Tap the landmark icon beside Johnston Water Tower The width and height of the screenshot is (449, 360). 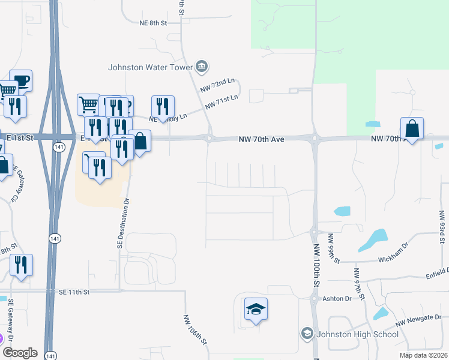click(x=200, y=66)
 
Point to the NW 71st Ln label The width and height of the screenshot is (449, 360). click(x=221, y=101)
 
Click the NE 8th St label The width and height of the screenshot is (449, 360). click(x=152, y=22)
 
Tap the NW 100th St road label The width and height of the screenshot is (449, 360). click(x=316, y=264)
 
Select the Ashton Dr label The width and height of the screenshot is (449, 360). click(x=337, y=298)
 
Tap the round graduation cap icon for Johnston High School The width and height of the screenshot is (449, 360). click(x=307, y=334)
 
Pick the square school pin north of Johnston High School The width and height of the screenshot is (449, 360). click(x=256, y=309)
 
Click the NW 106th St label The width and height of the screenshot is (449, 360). click(x=194, y=331)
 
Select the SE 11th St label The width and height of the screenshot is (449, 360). click(x=73, y=292)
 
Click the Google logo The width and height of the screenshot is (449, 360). click(x=19, y=353)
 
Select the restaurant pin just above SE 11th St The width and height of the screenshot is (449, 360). click(x=22, y=265)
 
